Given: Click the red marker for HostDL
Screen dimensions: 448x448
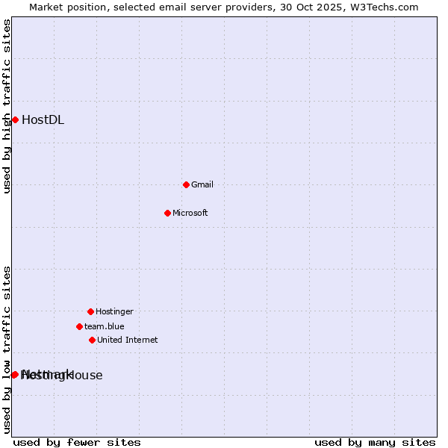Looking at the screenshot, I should (x=15, y=119).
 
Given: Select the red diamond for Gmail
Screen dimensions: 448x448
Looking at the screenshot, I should (x=186, y=184).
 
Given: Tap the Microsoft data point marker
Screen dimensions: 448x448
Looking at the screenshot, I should (x=167, y=213).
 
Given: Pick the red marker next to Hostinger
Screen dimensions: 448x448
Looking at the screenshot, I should (x=90, y=311).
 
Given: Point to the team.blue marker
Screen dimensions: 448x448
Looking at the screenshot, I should (x=79, y=326).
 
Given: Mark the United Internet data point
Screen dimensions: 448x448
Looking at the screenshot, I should (x=92, y=340).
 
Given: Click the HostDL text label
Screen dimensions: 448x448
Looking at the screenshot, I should (x=43, y=120).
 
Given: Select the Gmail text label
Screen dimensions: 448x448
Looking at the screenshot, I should (x=202, y=184).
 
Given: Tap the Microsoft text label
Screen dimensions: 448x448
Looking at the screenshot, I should (x=190, y=213).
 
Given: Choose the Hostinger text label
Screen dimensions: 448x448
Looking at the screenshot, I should (x=114, y=311).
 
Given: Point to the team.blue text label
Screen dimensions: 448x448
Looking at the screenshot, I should (x=104, y=326).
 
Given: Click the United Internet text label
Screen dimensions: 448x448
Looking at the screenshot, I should (x=127, y=340).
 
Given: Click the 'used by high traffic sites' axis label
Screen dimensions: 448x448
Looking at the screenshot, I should (x=7, y=106).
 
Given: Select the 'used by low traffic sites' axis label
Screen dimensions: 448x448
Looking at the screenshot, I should (x=7, y=349).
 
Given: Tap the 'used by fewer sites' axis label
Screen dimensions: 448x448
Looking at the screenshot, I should (x=77, y=442).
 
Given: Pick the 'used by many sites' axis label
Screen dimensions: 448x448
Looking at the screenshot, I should (x=375, y=442).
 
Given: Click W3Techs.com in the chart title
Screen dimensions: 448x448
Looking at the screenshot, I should (x=382, y=7).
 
